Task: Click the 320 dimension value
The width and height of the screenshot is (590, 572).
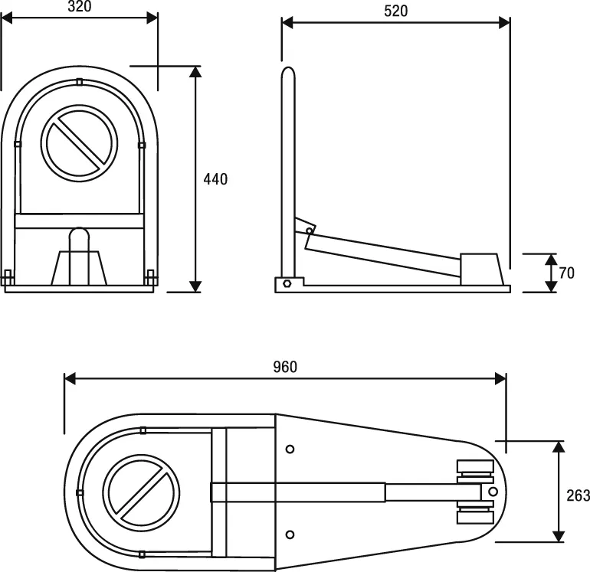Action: tap(79, 6)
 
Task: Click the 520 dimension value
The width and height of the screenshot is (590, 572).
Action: tap(395, 11)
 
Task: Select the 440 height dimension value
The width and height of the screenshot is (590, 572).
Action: tap(215, 179)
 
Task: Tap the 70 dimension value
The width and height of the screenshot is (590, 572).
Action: tap(567, 273)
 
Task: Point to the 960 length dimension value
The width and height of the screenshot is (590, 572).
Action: tap(285, 367)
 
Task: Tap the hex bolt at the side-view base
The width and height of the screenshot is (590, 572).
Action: tap(287, 283)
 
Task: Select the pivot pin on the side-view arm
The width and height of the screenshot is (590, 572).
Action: tap(310, 230)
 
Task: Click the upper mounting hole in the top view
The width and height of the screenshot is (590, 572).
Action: tap(290, 449)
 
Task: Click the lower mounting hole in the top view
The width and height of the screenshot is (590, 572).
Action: tap(290, 534)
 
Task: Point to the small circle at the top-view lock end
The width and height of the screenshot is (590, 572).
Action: tap(492, 491)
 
